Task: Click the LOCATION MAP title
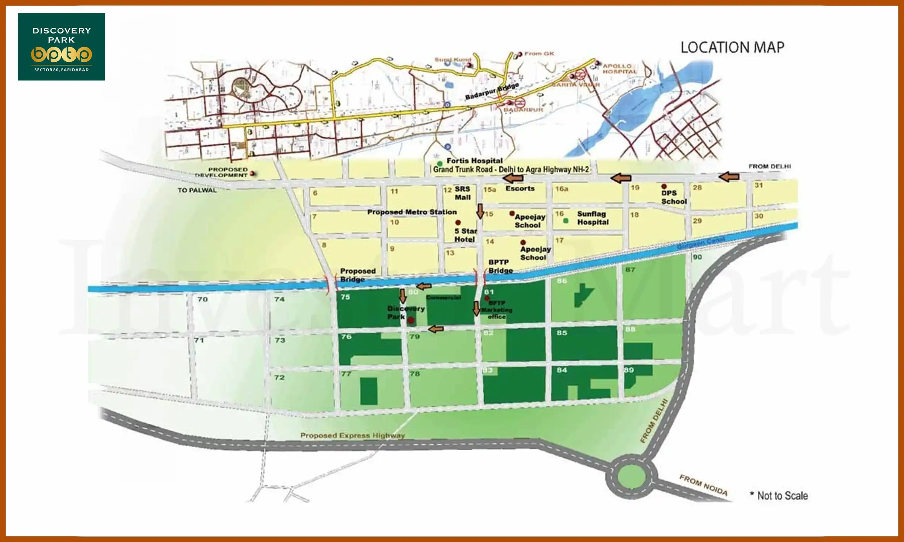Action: tap(732, 47)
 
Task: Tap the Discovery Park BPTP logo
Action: tap(61, 47)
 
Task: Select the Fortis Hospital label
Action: tap(474, 161)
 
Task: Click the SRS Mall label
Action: tap(463, 193)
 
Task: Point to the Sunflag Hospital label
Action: tap(592, 218)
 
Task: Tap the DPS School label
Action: tap(673, 197)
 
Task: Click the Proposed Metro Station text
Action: tap(412, 212)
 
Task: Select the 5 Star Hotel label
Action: tap(465, 235)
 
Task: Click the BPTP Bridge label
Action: tap(500, 266)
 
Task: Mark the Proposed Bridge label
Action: tap(357, 275)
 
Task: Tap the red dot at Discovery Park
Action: tap(411, 320)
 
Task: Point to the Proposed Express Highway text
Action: tap(352, 435)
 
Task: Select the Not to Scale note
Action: tap(782, 496)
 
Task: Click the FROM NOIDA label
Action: tap(703, 485)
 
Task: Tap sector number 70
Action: tap(203, 299)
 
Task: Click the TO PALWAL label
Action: tap(197, 190)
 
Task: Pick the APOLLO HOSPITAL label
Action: tap(619, 69)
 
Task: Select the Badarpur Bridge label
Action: tap(492, 91)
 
